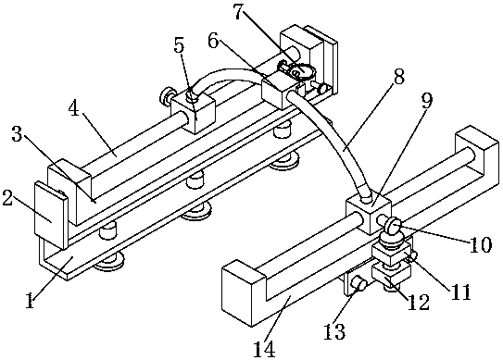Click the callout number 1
pos(30,302)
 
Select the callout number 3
pos(17,134)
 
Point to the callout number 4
pos(73,109)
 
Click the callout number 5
pos(179,45)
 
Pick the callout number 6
pos(214,41)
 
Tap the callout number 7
pos(239,11)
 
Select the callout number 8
pos(398,76)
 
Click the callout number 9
pos(427,101)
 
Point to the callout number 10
pos(481,245)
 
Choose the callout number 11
pos(459,292)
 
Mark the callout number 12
pos(419,302)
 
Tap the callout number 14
pos(264,349)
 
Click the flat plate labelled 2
pos(51,216)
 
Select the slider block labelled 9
pos(369,216)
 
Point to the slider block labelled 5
pos(193,113)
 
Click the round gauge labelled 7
pos(301,70)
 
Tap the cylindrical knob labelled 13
pos(358,283)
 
